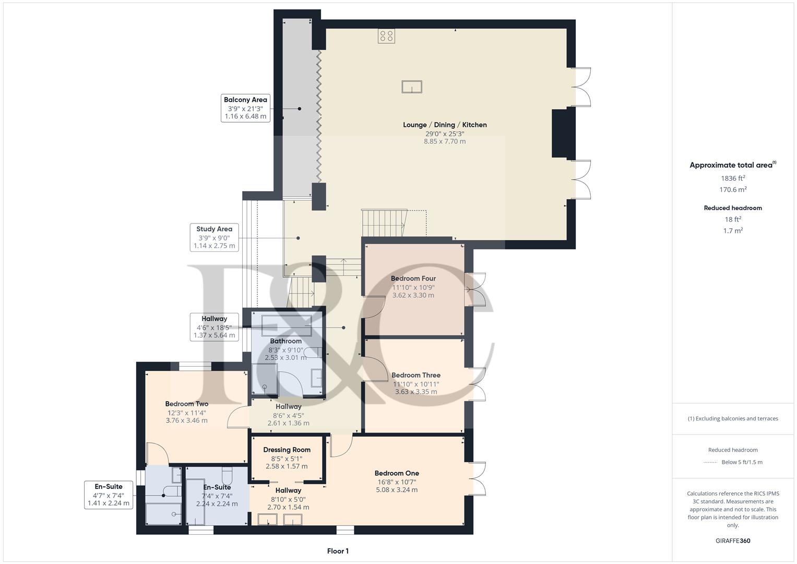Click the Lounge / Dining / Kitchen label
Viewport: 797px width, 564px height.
tap(445, 125)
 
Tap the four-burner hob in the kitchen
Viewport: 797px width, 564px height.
tap(387, 36)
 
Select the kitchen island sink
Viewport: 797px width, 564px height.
tap(411, 87)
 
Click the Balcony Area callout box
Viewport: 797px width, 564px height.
tap(245, 108)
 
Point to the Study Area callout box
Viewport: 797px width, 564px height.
tap(214, 237)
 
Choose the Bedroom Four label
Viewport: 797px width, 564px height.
tap(413, 278)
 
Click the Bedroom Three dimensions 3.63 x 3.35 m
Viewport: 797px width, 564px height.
tap(416, 392)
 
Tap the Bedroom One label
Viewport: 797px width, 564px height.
tap(397, 473)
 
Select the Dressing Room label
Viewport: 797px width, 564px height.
tap(287, 450)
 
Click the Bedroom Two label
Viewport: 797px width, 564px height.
tap(186, 404)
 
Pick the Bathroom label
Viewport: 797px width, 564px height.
tap(286, 341)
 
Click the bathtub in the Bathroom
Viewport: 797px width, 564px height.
tap(287, 325)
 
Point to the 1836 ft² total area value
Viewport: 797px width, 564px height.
tap(733, 178)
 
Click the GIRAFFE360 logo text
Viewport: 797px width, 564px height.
tap(733, 540)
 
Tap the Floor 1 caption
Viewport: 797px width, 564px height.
tap(338, 551)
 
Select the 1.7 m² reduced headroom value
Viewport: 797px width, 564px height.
tap(733, 230)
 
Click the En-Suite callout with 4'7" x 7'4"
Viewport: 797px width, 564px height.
tap(109, 495)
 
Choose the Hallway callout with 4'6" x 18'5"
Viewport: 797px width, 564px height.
tap(214, 327)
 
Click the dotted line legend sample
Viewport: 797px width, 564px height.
tap(710, 462)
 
